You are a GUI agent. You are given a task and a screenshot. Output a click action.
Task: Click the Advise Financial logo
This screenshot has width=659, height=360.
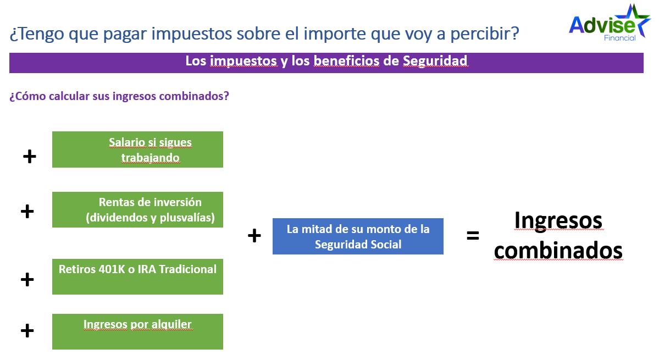point(610,23)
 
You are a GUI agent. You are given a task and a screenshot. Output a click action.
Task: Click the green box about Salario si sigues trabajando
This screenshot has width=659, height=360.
point(137,149)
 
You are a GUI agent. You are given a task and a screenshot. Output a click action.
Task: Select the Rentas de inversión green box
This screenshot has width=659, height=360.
point(137,209)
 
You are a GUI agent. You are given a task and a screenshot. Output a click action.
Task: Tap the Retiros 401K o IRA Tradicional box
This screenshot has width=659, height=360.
point(137,276)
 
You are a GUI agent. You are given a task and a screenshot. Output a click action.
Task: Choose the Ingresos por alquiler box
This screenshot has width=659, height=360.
point(137,331)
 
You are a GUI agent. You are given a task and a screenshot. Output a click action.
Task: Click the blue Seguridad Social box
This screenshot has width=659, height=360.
point(358,236)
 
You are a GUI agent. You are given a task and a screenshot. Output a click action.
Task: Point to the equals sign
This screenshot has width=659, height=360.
point(473,236)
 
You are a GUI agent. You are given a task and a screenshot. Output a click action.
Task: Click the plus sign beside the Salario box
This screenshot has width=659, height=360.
point(30,157)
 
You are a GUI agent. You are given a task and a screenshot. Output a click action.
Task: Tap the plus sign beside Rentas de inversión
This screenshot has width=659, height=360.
point(27,211)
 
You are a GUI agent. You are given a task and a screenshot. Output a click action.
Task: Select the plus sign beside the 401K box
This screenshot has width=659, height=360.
point(27,279)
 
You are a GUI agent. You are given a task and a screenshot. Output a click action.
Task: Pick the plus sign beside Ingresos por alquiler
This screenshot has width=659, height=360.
point(27,330)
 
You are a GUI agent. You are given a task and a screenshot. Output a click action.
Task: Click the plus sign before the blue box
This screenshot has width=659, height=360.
point(254,235)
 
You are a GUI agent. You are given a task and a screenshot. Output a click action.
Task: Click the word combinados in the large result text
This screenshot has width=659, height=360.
point(558,251)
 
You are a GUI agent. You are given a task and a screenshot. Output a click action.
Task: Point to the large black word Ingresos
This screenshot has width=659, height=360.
point(558,221)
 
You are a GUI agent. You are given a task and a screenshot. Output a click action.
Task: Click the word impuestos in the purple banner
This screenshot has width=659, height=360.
point(243,62)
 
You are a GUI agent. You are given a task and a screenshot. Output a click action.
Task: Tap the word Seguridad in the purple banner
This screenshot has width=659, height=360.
point(435,62)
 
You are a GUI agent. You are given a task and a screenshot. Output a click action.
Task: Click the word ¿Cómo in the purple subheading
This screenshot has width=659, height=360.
point(27,96)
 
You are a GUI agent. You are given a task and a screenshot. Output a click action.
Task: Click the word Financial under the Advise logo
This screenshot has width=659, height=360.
point(620,38)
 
